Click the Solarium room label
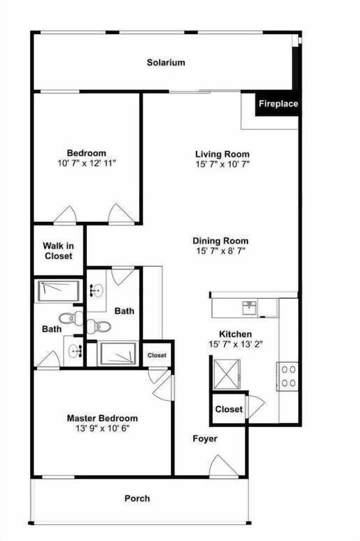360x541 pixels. [x=166, y=62]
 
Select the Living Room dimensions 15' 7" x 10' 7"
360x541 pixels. [x=222, y=164]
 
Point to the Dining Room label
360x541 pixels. [x=220, y=241]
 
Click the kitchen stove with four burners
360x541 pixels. [x=287, y=377]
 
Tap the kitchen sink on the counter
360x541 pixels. [x=249, y=307]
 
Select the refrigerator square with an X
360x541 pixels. [x=226, y=374]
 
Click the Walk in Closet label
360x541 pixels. [x=58, y=251]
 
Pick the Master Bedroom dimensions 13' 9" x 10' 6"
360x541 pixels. [x=102, y=428]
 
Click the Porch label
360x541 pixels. [x=137, y=499]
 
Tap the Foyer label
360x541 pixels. [x=205, y=439]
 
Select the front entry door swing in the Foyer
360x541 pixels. [x=224, y=466]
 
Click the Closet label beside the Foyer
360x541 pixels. [x=229, y=409]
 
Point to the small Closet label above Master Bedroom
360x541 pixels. [x=157, y=355]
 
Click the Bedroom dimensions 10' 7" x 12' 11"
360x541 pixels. [x=86, y=163]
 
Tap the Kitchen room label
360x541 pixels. [x=235, y=334]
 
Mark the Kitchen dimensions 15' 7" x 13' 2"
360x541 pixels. [x=235, y=344]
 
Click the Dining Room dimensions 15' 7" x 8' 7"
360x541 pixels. [x=220, y=251]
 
